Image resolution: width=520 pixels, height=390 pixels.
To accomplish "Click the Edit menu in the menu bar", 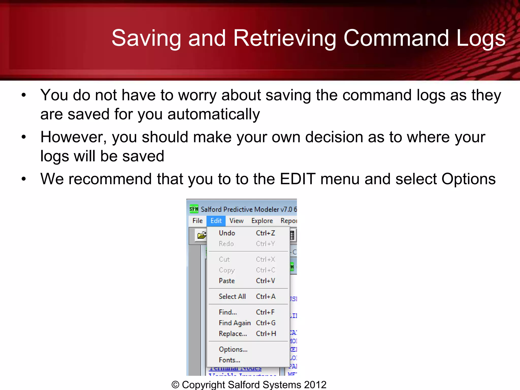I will [216, 221].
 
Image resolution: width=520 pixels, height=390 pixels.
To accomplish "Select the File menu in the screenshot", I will [197, 221].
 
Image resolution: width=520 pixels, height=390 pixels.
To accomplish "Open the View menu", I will [236, 221].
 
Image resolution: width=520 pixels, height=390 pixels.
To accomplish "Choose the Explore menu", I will [262, 221].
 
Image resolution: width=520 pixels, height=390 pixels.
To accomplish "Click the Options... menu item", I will [233, 349].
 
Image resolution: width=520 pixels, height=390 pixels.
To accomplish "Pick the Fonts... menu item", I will [229, 360].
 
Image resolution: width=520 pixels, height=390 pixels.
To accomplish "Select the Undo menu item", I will [227, 233].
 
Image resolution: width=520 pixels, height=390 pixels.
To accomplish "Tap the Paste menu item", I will [227, 281].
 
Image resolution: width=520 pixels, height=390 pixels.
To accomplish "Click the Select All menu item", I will [232, 297].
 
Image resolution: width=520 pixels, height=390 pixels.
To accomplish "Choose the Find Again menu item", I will [235, 323].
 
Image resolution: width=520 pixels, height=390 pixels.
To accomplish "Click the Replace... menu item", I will [233, 334].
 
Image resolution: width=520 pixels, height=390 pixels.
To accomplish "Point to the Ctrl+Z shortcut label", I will [265, 233].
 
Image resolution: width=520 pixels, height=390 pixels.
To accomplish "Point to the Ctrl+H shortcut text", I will [266, 334].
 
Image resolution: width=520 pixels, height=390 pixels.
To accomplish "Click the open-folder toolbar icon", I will [202, 235].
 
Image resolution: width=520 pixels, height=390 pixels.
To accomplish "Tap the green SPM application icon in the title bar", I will [194, 209].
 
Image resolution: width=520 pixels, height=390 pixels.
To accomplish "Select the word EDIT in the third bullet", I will [298, 179].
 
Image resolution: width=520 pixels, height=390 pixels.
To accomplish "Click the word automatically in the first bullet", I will [214, 114].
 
